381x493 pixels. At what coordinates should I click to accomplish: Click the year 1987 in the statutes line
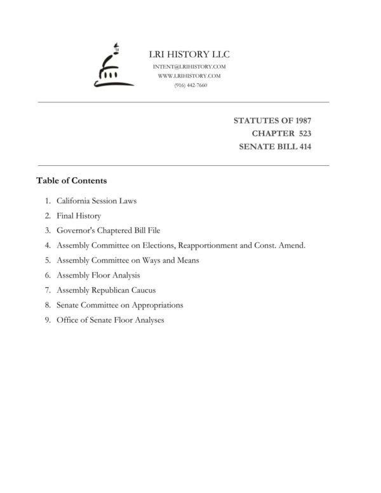coord(300,120)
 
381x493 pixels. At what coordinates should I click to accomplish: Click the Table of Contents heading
coord(72,181)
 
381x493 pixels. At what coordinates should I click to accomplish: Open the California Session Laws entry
coord(97,201)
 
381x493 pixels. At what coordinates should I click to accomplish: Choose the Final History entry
coord(79,216)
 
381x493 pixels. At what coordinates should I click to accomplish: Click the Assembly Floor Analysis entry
coord(98,275)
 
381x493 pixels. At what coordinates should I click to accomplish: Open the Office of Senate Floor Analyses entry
coord(110,320)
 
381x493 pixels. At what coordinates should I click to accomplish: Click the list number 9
coord(48,320)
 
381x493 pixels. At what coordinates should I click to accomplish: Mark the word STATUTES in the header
coord(254,120)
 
